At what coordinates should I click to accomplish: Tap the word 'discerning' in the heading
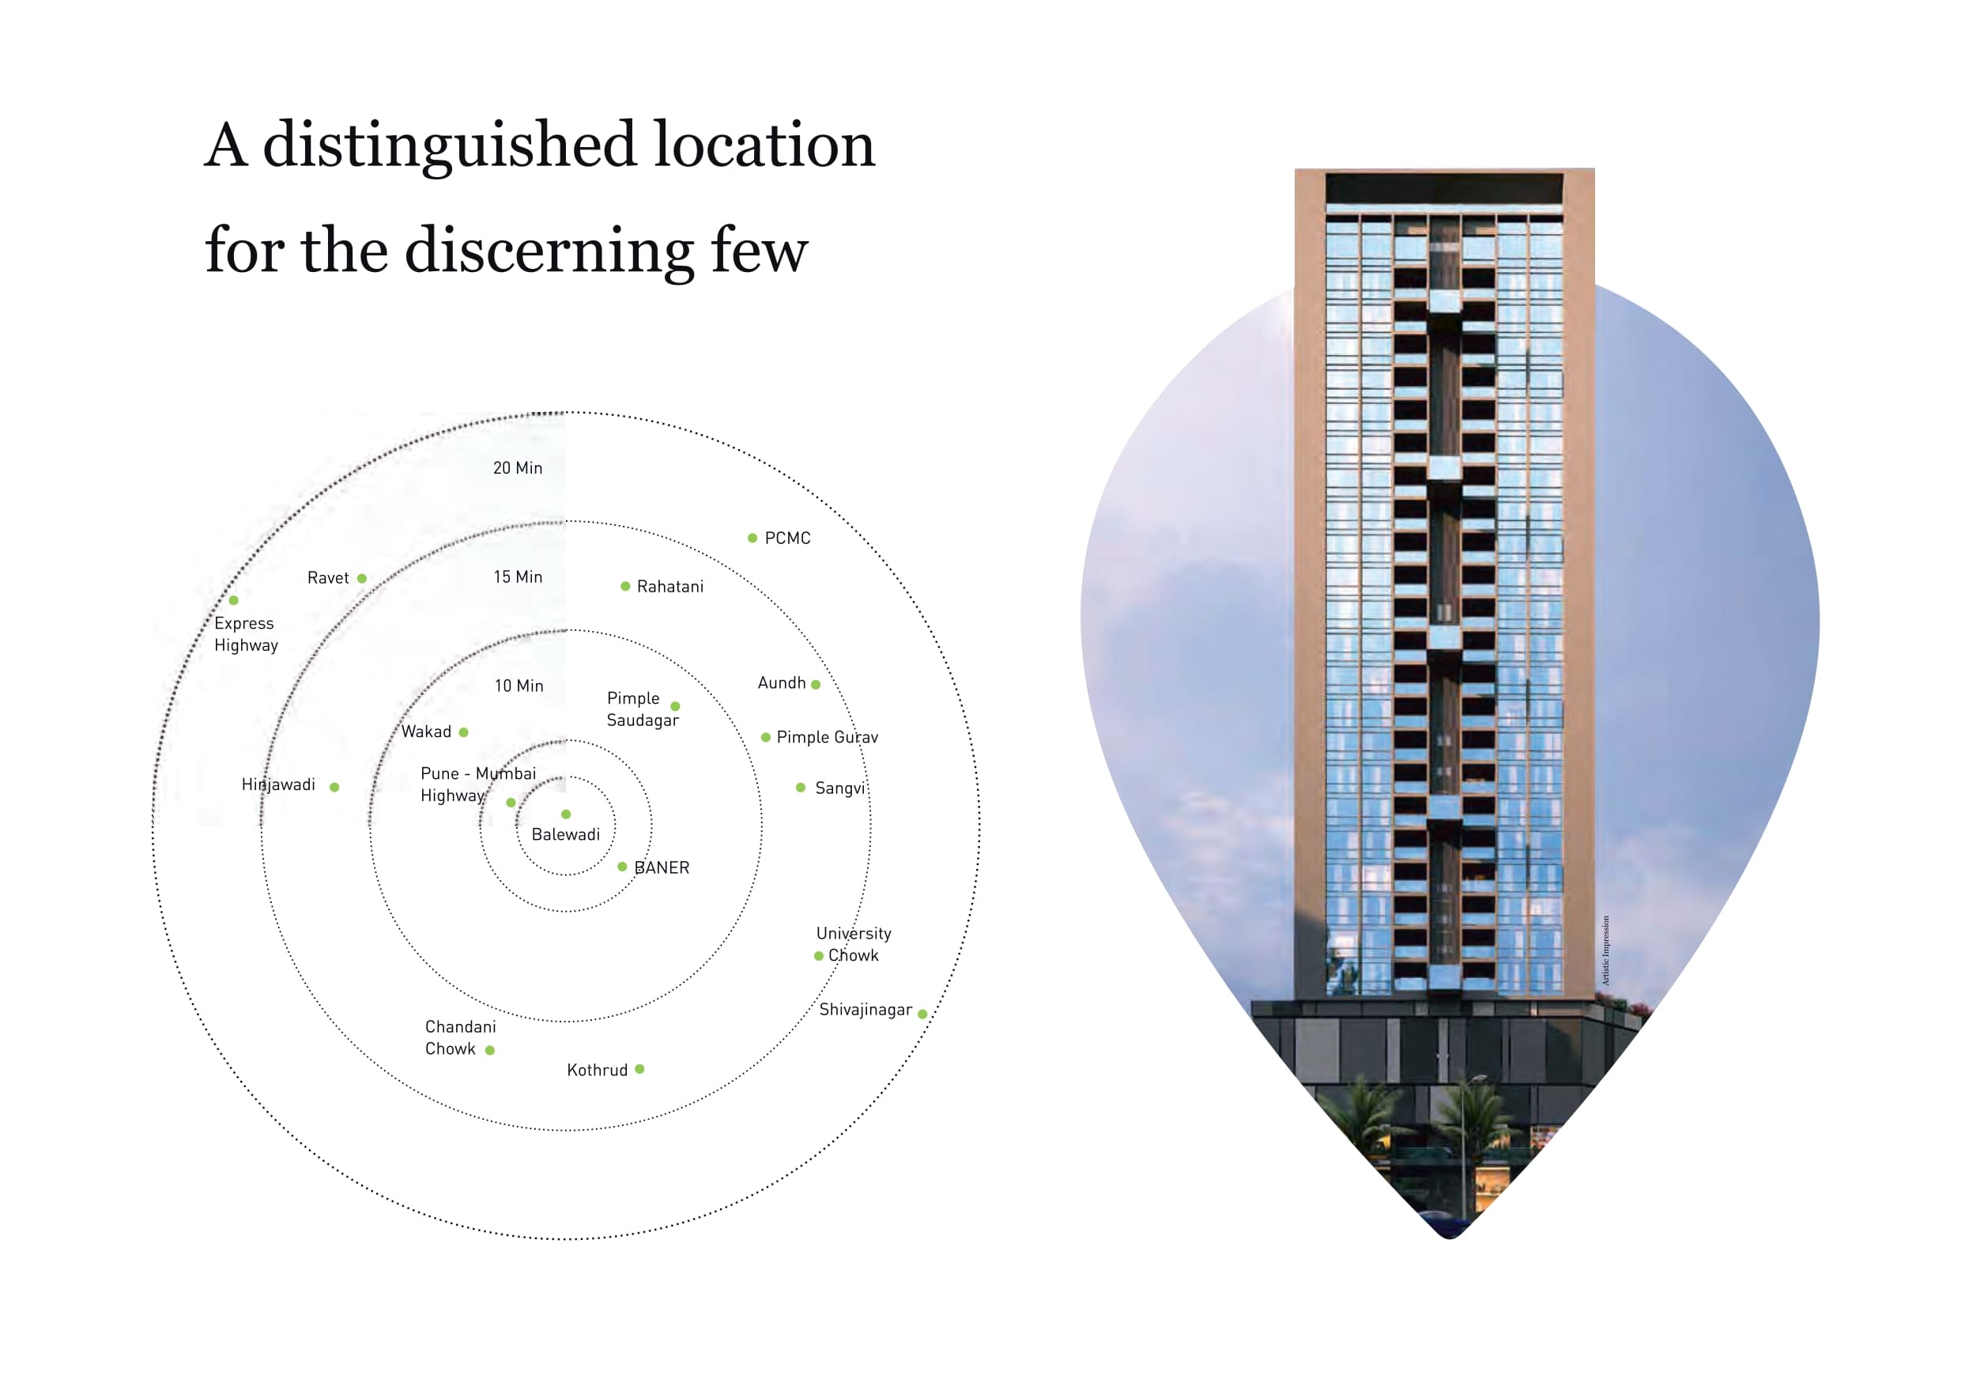pos(549,251)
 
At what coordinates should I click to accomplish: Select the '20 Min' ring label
pos(518,468)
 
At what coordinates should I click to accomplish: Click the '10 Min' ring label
pos(519,686)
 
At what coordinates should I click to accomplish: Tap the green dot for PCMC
pos(752,539)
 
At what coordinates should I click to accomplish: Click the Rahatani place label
pos(670,587)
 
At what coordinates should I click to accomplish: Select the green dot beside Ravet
pos(362,580)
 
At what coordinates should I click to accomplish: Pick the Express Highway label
pos(246,635)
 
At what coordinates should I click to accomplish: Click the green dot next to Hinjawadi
pos(335,787)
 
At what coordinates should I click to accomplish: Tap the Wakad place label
pos(426,732)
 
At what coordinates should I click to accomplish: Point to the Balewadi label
pos(565,835)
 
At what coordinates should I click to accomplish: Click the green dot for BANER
pos(623,867)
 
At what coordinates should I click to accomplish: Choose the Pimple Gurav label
pos(827,738)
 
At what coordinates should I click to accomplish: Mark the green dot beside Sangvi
pos(800,788)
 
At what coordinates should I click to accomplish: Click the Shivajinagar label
pos(865,1010)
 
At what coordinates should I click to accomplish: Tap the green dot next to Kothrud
pos(639,1069)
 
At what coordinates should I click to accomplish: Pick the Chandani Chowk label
pos(459,1038)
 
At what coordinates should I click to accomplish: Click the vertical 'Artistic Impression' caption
pos(1605,951)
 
